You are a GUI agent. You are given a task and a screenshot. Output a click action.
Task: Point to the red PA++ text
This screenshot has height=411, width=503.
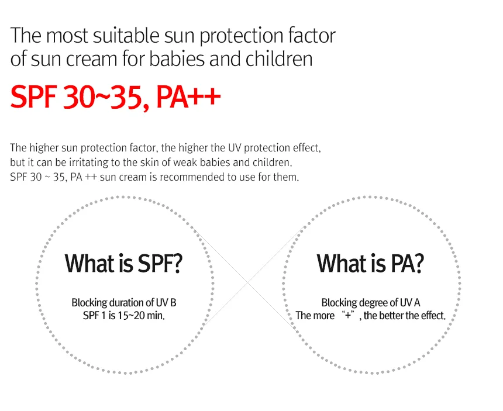click(x=188, y=96)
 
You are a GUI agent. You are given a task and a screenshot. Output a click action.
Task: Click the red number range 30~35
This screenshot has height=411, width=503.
click(x=103, y=97)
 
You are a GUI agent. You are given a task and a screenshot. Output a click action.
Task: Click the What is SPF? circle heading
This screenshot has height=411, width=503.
click(x=123, y=263)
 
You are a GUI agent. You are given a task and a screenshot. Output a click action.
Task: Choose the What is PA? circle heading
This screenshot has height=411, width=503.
click(x=370, y=263)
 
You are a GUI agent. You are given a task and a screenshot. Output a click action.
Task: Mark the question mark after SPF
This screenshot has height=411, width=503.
click(x=177, y=263)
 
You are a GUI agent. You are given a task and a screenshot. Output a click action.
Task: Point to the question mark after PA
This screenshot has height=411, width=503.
click(x=418, y=263)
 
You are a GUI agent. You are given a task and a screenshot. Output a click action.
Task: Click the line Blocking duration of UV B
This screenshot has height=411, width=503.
click(x=124, y=303)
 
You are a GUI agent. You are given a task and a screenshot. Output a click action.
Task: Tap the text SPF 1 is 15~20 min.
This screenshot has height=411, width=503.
click(x=124, y=316)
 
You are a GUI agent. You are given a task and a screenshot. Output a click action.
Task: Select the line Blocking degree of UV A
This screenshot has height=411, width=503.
click(x=371, y=303)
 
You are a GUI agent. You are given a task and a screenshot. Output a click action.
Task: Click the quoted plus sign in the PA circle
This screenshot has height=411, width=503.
click(x=348, y=315)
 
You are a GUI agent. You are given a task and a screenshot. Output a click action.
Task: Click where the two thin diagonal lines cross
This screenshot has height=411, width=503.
click(x=247, y=282)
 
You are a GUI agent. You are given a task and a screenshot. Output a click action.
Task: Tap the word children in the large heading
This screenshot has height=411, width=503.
click(x=279, y=59)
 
